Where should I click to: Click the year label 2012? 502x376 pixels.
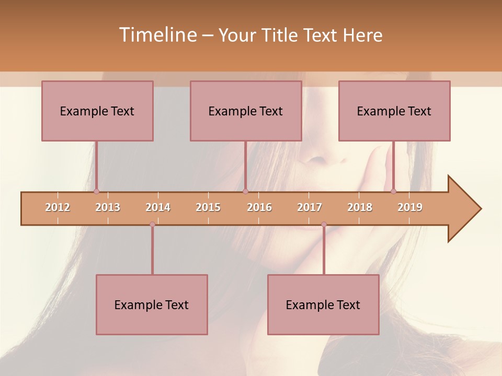(x=58, y=207)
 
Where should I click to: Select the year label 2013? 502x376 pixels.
(x=108, y=207)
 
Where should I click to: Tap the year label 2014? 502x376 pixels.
(x=158, y=207)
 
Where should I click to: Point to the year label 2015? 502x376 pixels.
(x=208, y=207)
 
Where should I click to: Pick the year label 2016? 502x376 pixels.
(x=259, y=207)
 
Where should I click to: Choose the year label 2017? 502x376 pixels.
(x=310, y=207)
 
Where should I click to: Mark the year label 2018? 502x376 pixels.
(x=360, y=207)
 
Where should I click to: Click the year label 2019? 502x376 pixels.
(x=410, y=207)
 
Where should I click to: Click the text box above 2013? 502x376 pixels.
(x=97, y=111)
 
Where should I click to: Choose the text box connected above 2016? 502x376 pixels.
(x=246, y=111)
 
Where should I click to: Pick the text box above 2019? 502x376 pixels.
(x=394, y=111)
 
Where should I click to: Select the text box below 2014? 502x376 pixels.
(x=152, y=304)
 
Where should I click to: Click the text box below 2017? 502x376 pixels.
(x=323, y=304)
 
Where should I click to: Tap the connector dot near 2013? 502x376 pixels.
(x=97, y=192)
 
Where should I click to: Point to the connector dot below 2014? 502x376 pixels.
(x=152, y=224)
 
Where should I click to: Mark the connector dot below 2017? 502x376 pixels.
(x=324, y=224)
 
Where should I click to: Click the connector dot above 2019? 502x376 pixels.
(x=394, y=191)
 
